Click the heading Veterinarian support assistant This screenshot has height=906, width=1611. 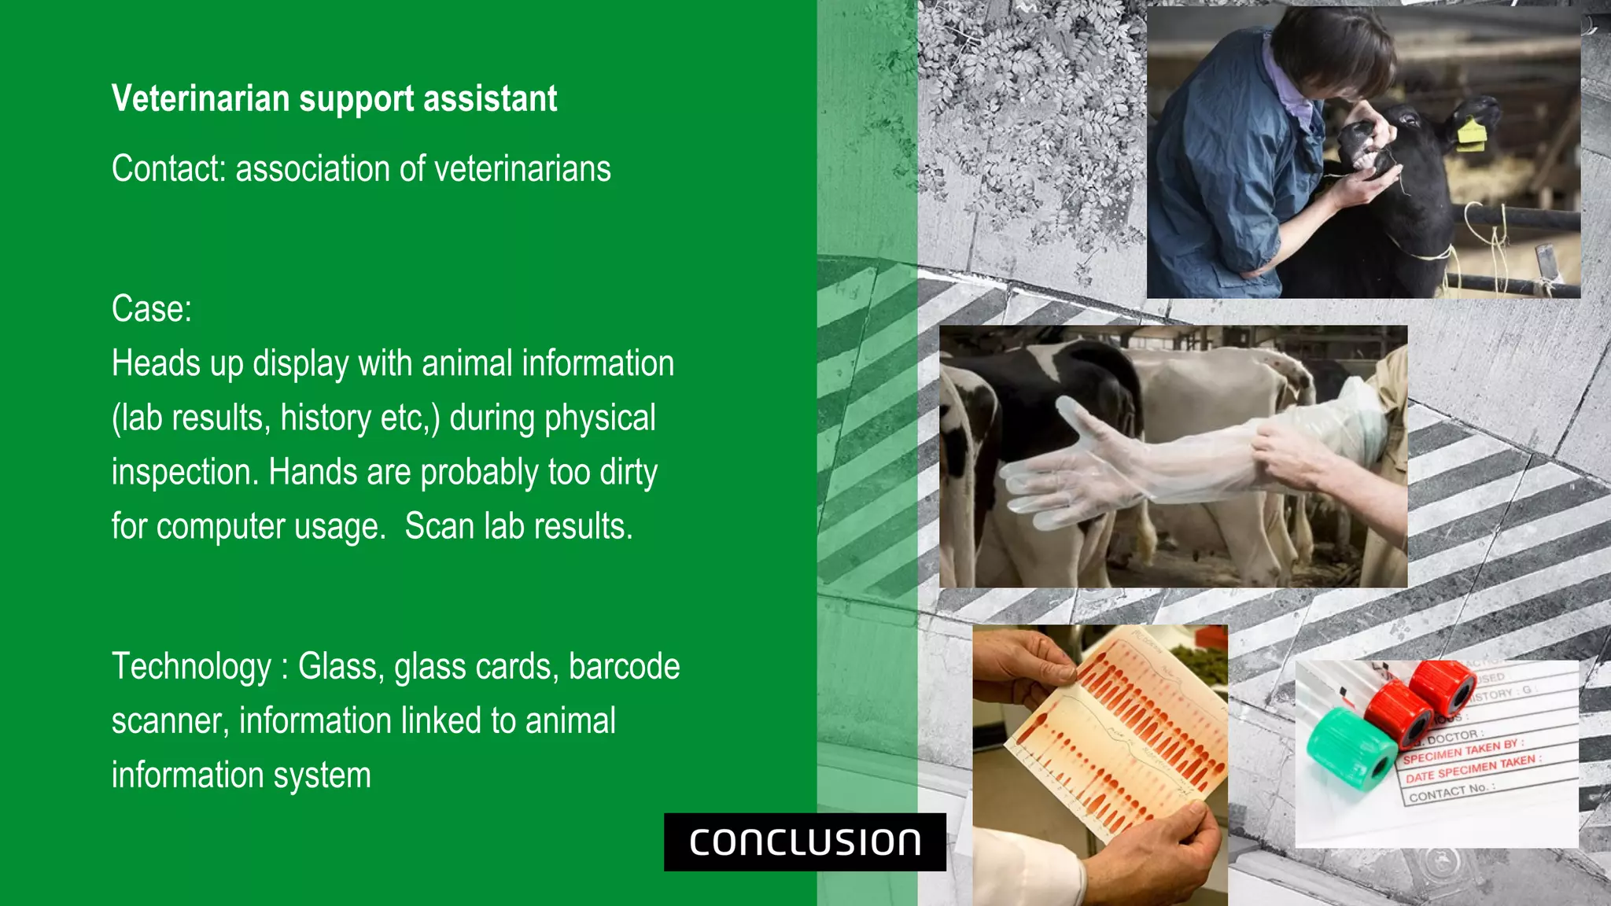tap(334, 99)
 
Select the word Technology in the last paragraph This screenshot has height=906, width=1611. tap(191, 667)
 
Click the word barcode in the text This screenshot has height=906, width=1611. tap(624, 667)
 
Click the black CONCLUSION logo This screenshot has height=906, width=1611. tap(805, 842)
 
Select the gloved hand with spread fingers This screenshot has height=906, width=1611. tap(1070, 472)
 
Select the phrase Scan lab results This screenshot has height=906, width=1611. tap(518, 526)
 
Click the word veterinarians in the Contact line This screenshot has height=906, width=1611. tap(522, 168)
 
